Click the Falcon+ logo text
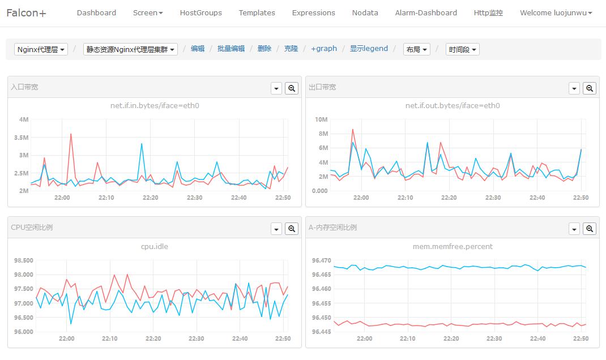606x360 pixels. [27, 13]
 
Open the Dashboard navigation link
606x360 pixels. [96, 12]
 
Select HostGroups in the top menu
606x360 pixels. [200, 12]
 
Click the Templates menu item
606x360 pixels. [257, 12]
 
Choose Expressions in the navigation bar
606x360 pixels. [313, 12]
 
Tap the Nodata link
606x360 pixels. [365, 12]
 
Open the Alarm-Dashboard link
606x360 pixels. [426, 12]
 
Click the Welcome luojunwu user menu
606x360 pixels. [556, 12]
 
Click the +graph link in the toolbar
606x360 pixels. [324, 49]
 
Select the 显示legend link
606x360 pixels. [369, 49]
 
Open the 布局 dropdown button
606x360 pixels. [416, 49]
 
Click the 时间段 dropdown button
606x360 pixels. [462, 49]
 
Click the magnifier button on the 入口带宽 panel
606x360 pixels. [292, 88]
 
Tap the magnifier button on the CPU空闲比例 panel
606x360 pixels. [292, 229]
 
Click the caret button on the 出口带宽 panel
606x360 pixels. [574, 88]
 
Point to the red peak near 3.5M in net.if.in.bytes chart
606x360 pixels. [71, 134]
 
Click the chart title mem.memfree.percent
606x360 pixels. [453, 246]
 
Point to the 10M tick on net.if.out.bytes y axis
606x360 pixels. [321, 119]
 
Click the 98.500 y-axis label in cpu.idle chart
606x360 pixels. [23, 260]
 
